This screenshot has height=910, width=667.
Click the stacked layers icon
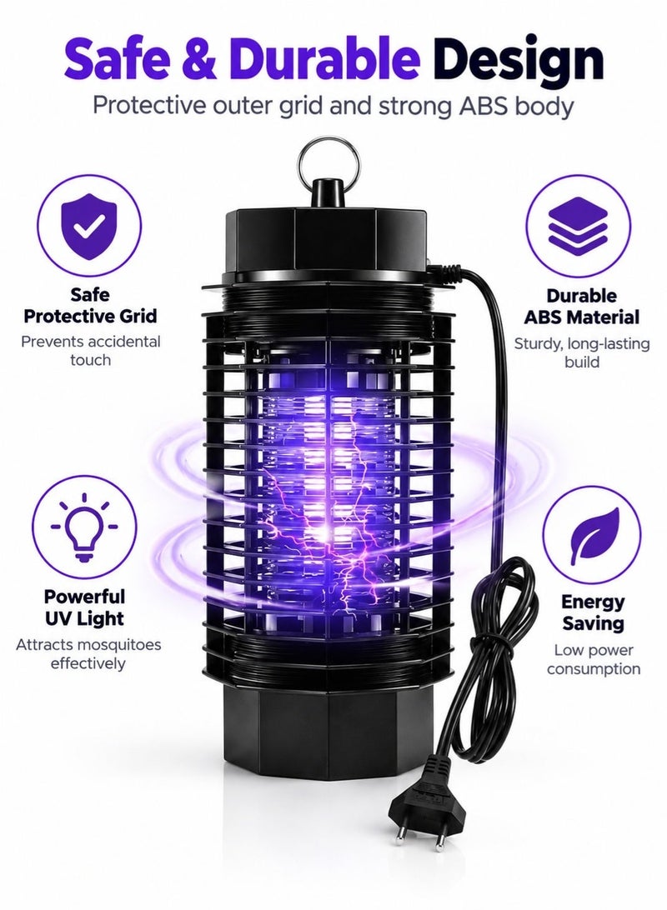tap(578, 227)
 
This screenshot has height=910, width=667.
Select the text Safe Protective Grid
tap(90, 306)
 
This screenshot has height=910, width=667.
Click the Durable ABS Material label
tap(581, 307)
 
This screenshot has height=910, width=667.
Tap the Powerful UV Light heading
tap(85, 607)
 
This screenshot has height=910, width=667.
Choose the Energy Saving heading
tap(593, 612)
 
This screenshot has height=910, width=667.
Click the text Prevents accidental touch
tap(91, 351)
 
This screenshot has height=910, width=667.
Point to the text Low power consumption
tap(594, 659)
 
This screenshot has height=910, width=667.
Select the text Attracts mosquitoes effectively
tap(88, 654)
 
